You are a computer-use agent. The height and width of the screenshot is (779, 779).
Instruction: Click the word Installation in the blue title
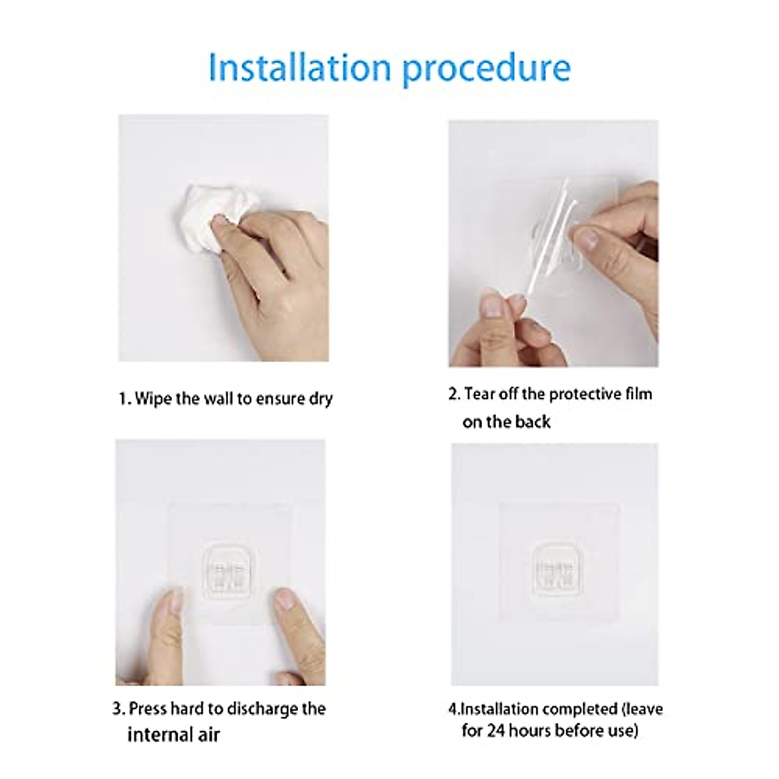tap(299, 68)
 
